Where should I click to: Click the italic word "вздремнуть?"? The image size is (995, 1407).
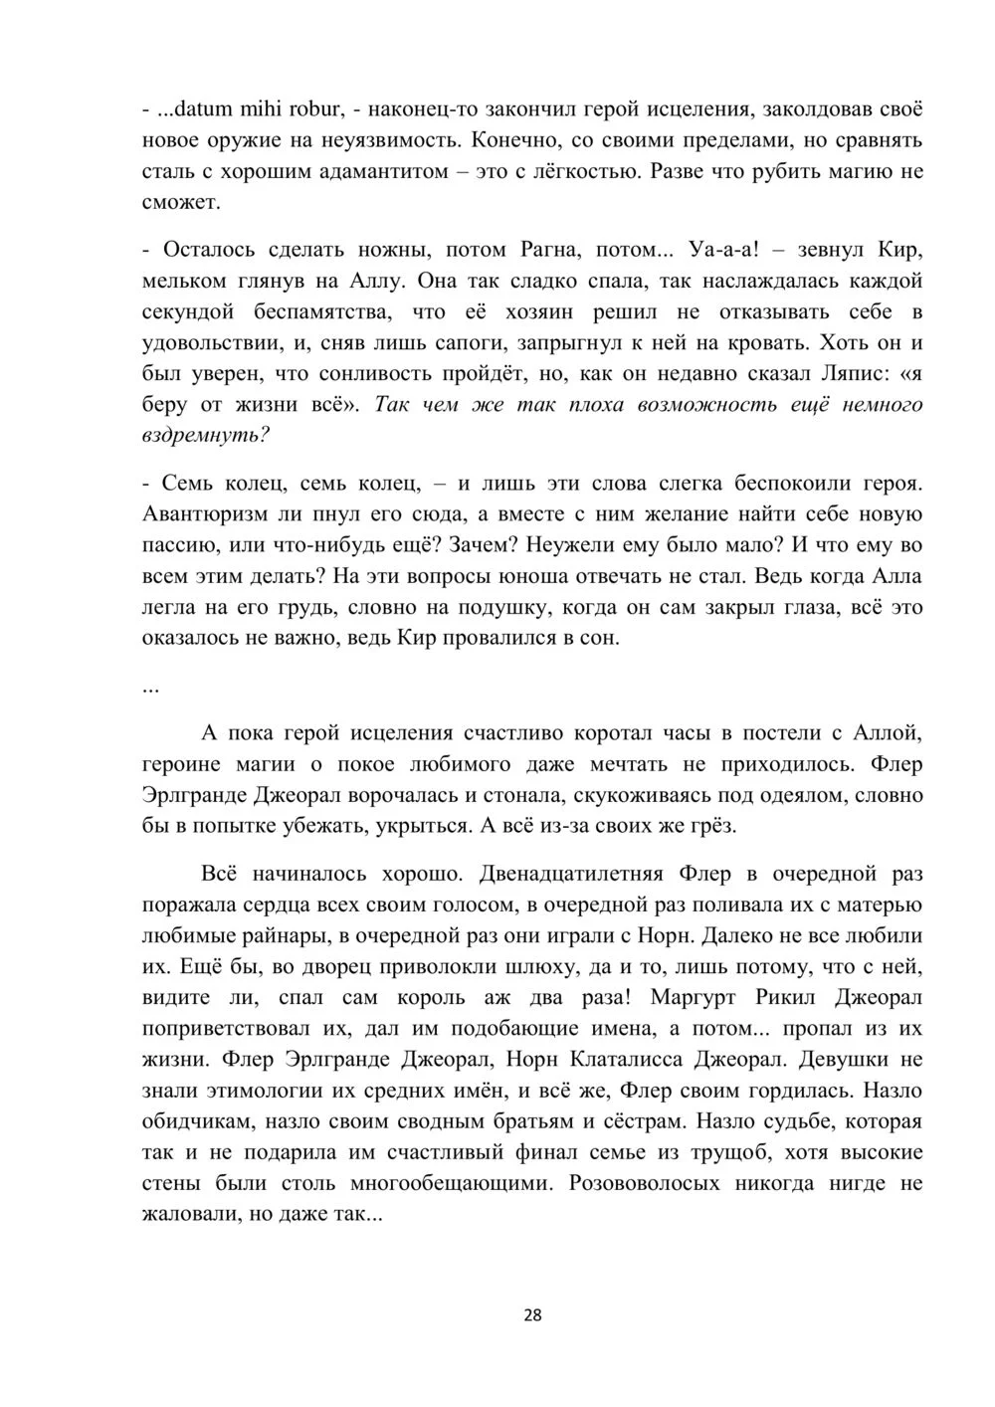tap(207, 436)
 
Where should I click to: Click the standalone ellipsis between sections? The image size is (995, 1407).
tap(150, 687)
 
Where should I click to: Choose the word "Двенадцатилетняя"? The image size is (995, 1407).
tap(570, 874)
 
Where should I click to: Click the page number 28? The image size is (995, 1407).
tap(532, 1315)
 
